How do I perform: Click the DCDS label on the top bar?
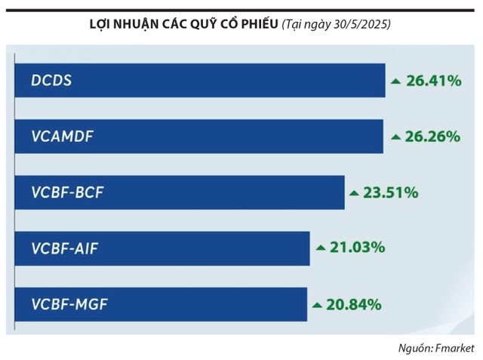point(52,80)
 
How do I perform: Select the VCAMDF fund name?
point(63,137)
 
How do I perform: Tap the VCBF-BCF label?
point(67,192)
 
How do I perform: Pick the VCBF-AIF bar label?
point(66,248)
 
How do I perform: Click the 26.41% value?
point(433,80)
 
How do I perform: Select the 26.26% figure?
point(432,137)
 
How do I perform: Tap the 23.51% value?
point(391,192)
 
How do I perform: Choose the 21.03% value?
point(358,248)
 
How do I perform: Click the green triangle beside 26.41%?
point(395,81)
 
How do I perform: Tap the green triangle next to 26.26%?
point(395,137)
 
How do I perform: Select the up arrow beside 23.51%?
point(353,193)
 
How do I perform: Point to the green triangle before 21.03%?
point(320,248)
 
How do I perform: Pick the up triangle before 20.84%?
point(317,305)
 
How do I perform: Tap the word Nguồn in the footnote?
point(412,348)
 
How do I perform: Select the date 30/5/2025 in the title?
point(361,25)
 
